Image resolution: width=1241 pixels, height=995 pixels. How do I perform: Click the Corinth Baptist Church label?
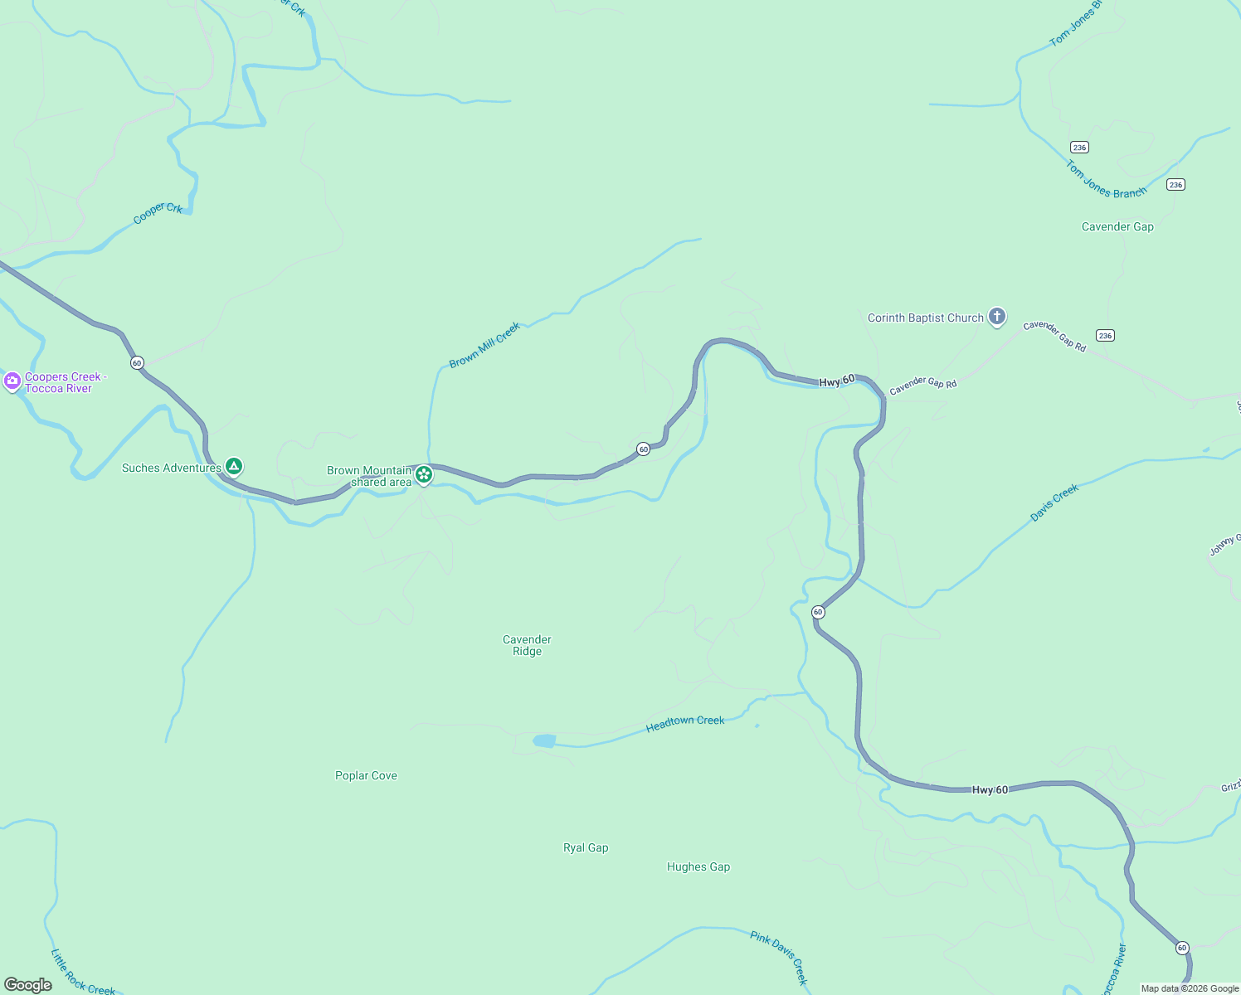[x=925, y=318]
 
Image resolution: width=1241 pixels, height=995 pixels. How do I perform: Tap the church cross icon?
[x=997, y=316]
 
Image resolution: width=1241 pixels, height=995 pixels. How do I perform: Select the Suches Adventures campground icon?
[x=234, y=467]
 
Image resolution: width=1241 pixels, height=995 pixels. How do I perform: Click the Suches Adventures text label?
[x=171, y=468]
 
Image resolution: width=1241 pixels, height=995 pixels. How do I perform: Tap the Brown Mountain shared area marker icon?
[x=424, y=474]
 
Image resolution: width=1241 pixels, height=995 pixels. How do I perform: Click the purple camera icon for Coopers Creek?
[x=12, y=381]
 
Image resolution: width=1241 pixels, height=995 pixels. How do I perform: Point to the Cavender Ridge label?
[x=527, y=645]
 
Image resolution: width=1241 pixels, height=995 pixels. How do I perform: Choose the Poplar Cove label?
[x=366, y=775]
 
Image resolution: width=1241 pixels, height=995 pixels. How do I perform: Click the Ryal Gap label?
[x=586, y=847]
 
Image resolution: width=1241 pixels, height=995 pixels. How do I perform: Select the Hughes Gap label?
[x=698, y=866]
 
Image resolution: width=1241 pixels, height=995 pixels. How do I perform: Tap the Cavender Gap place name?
[x=1117, y=226]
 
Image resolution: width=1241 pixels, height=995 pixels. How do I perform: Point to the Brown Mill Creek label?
[x=484, y=345]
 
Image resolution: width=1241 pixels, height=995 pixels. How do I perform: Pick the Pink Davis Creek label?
[x=779, y=957]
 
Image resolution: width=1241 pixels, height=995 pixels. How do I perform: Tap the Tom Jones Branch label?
[x=1106, y=180]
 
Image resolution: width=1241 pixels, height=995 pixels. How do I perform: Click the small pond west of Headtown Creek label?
[x=544, y=740]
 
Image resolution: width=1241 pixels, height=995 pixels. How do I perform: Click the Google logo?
[x=28, y=985]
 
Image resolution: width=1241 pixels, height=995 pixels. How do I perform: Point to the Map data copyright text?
[x=1190, y=988]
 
